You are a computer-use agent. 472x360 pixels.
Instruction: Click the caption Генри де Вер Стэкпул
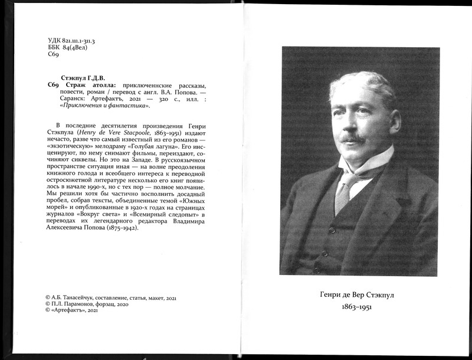(359, 294)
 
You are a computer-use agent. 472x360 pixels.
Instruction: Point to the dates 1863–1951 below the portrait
(359, 308)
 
